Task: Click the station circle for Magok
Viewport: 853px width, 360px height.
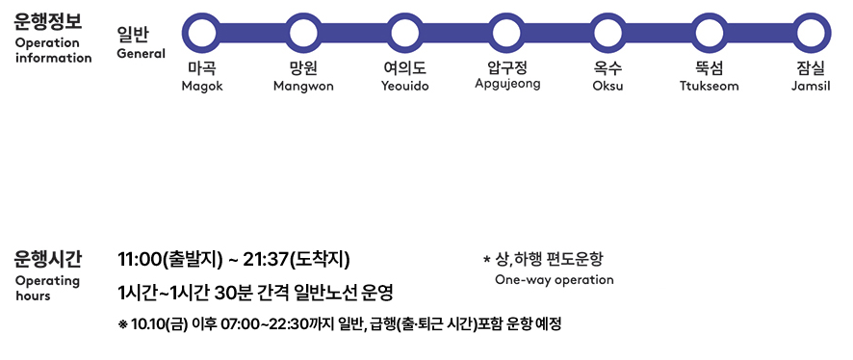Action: tap(202, 32)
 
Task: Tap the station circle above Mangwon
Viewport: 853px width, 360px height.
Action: tap(303, 32)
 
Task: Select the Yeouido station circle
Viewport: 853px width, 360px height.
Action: tap(404, 32)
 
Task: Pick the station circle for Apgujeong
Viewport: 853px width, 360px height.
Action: tap(507, 32)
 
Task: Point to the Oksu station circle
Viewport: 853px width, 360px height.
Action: tap(607, 32)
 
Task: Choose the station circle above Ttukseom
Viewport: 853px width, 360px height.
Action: tap(709, 32)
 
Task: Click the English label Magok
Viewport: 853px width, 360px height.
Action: tap(202, 87)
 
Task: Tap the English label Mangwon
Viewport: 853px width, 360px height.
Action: tap(303, 87)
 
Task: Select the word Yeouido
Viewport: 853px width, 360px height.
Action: tap(404, 87)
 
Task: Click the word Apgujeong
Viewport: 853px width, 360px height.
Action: tap(507, 84)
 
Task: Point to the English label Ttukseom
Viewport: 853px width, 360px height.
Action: tap(709, 87)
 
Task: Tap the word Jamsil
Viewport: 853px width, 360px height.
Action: tap(810, 87)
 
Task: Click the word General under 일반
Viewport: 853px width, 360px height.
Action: tap(141, 54)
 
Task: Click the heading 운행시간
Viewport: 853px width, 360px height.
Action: tap(49, 258)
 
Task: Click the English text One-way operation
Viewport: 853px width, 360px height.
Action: tap(554, 280)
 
